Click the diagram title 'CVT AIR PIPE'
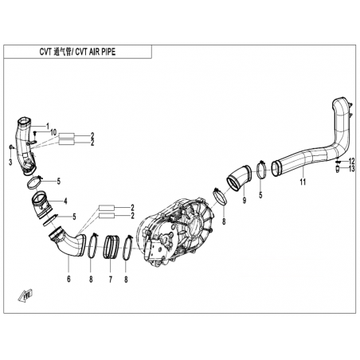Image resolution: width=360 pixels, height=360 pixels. point(96,52)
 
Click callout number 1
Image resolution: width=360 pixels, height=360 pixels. point(48,126)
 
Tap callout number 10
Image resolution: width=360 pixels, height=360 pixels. point(53,132)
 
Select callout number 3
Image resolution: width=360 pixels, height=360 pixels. point(10,162)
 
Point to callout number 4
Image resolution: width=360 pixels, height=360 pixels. point(65,202)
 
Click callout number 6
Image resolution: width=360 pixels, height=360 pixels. point(68,279)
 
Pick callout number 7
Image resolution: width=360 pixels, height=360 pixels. point(110,280)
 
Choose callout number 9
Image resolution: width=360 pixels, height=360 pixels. point(245,200)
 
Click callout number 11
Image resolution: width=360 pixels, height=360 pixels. point(303,182)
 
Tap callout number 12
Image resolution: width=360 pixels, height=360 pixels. point(351,161)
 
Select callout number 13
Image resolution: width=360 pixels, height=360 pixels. point(351,168)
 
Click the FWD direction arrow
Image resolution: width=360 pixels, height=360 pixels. point(25,295)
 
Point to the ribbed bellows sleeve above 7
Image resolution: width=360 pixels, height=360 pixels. point(111,247)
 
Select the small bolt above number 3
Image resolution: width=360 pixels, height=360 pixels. point(10,147)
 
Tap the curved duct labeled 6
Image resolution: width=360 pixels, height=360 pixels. point(68,243)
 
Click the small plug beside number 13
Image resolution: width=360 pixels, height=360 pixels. point(338,169)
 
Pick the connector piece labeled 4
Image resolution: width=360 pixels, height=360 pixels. point(42,204)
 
